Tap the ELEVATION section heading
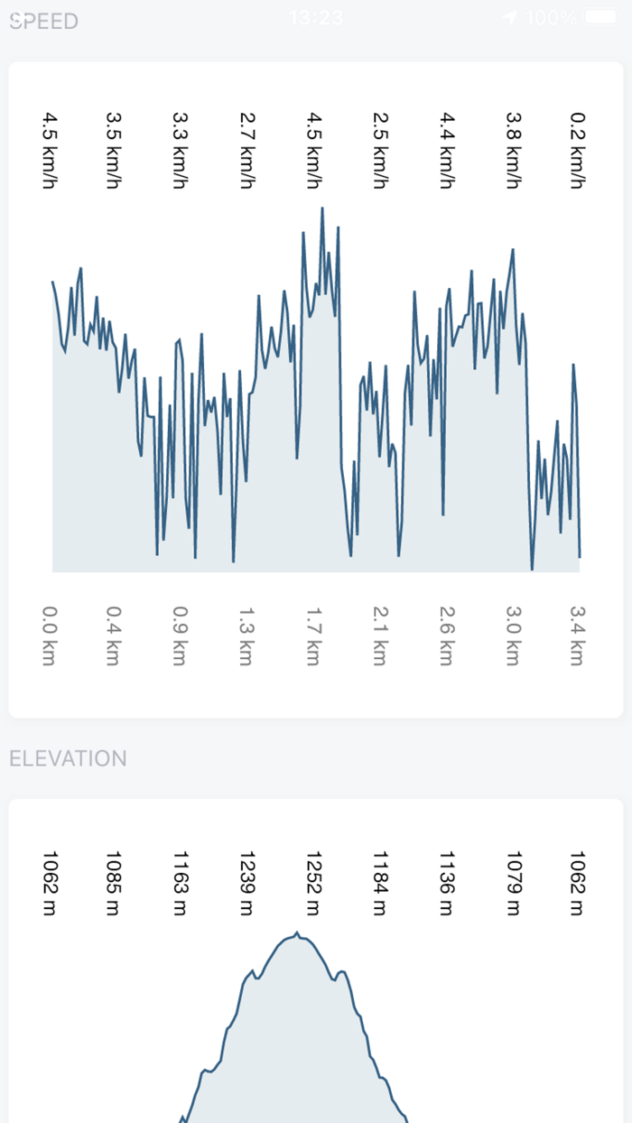click(68, 758)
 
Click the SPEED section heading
click(43, 21)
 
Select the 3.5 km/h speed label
click(114, 150)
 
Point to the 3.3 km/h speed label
click(181, 150)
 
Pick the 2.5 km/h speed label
click(380, 150)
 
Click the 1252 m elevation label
click(313, 883)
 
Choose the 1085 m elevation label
click(114, 883)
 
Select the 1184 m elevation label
click(380, 883)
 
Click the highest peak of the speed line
click(321, 208)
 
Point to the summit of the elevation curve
click(297, 933)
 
